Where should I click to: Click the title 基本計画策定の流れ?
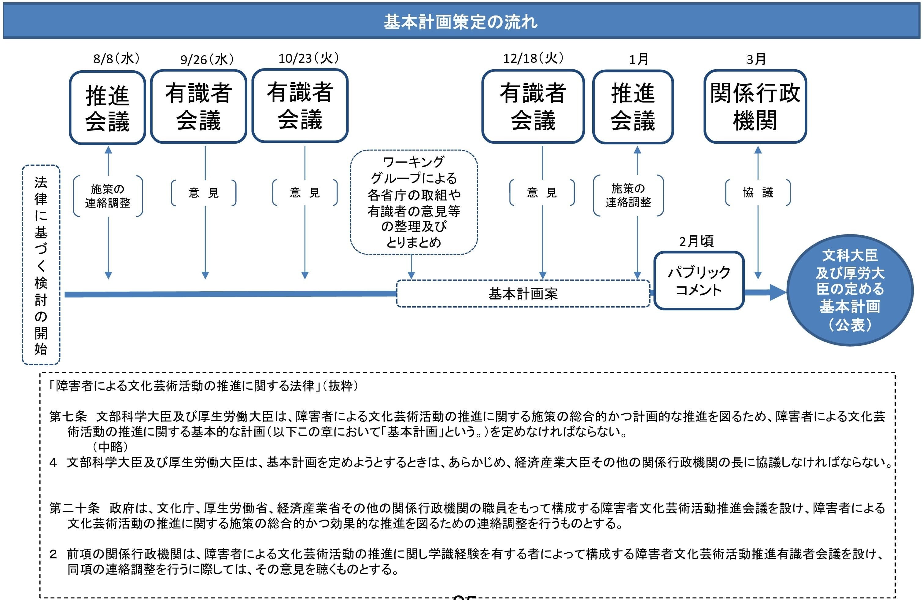461,22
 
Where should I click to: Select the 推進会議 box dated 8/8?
107,108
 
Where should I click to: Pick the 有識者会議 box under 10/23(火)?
300,106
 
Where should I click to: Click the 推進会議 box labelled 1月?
633,107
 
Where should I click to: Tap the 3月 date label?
756,59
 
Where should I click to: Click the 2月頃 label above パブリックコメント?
696,241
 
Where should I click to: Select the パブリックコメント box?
699,281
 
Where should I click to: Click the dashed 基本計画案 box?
523,294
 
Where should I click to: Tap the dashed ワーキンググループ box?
414,202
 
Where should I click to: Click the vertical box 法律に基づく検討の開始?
41,265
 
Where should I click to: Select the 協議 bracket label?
758,192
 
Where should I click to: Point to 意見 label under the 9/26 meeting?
204,193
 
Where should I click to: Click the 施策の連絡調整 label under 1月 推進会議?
628,195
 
